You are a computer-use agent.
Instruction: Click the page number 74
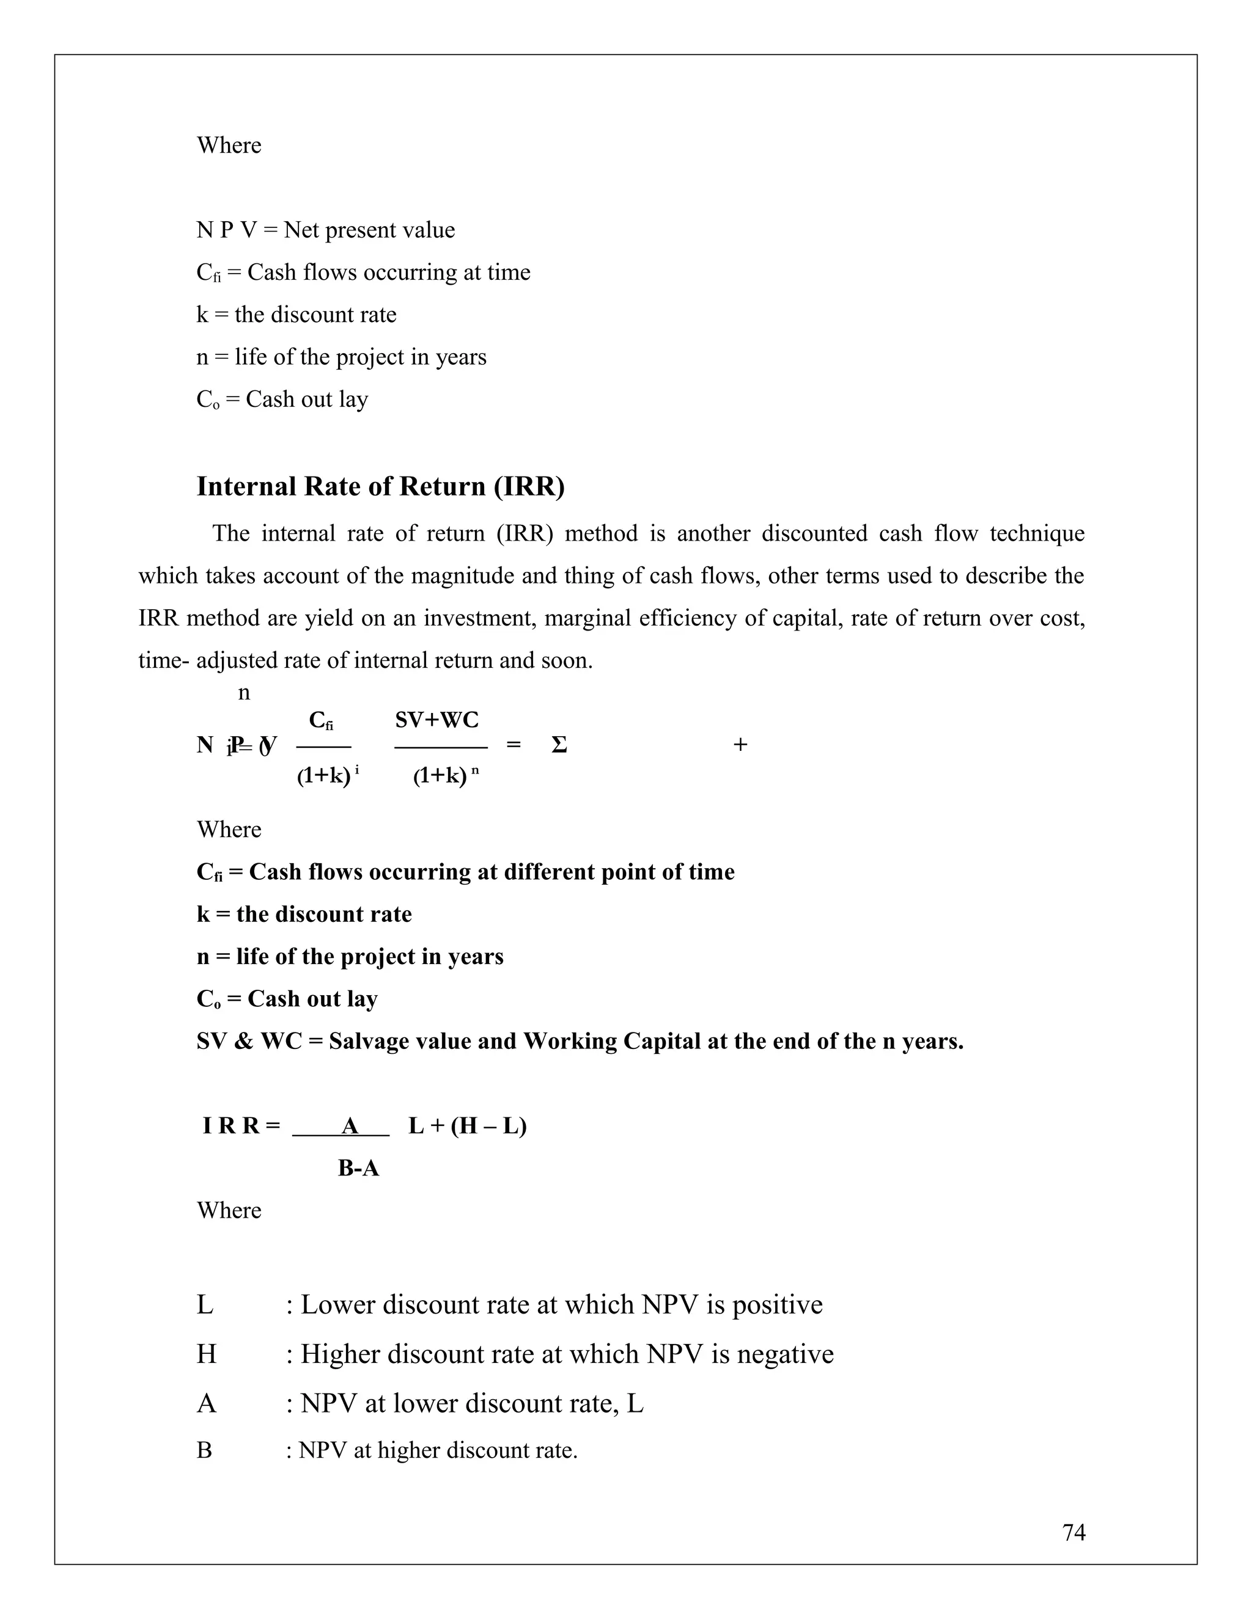[1073, 1532]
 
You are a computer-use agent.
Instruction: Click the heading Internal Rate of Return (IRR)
[380, 486]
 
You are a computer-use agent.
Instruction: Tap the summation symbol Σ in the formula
[559, 745]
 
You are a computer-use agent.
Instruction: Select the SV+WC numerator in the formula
[437, 720]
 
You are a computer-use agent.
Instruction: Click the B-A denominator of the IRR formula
[358, 1168]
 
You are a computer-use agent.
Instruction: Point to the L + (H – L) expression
[467, 1126]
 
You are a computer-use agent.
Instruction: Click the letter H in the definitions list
[206, 1354]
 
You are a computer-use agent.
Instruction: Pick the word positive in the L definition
[778, 1305]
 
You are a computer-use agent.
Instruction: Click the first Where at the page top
[229, 145]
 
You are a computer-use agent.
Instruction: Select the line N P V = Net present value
[326, 230]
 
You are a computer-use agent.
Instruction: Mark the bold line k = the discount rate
[304, 914]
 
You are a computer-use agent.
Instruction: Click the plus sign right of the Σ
[740, 745]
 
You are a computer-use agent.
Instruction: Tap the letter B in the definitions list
[204, 1450]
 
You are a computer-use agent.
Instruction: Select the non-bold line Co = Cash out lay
[282, 400]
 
